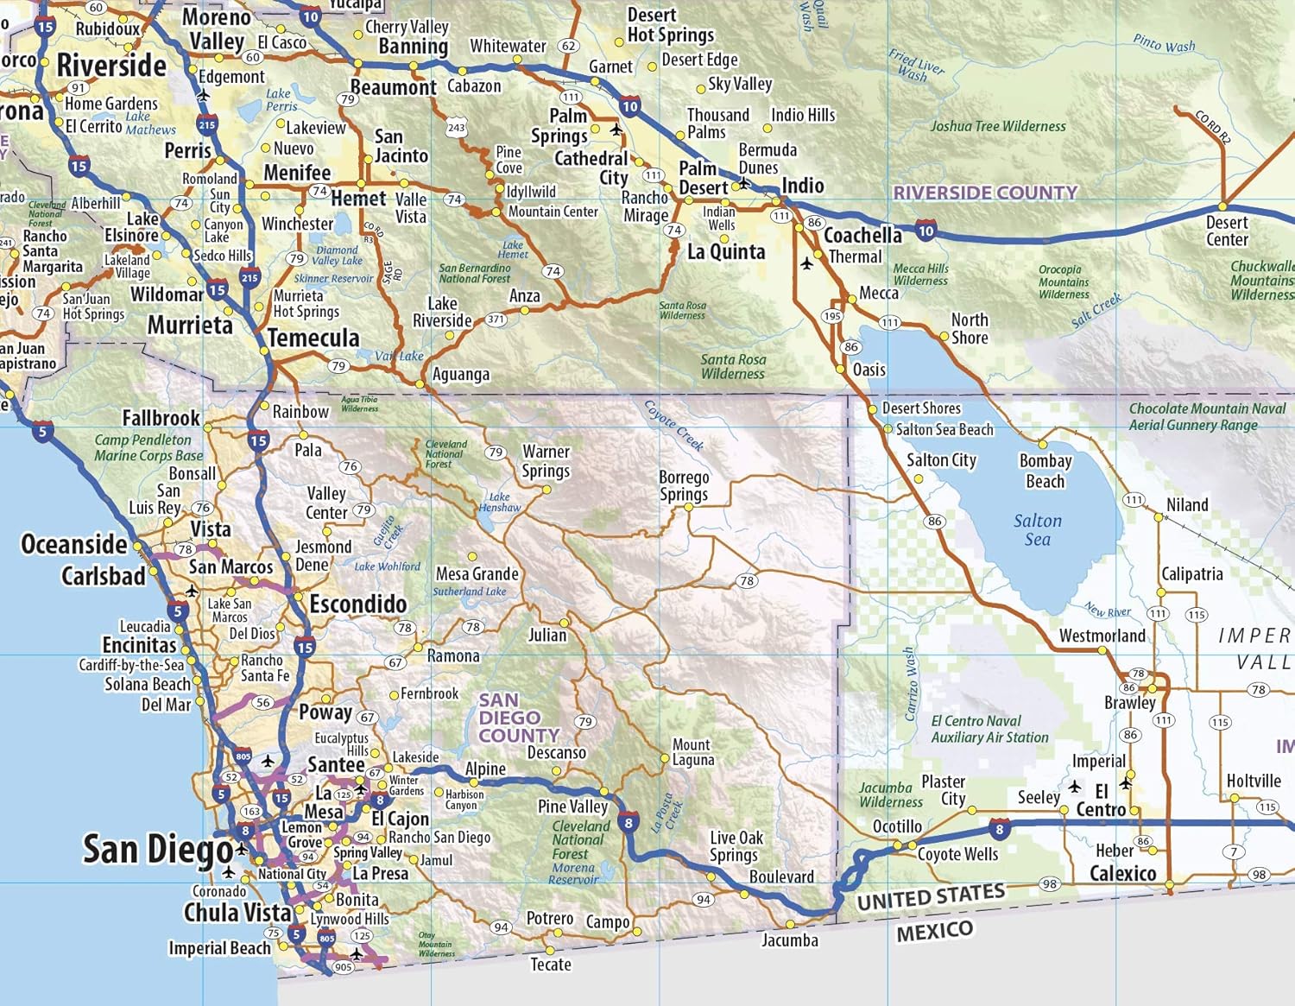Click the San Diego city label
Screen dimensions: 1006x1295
click(157, 850)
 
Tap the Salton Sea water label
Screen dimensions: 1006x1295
click(1038, 530)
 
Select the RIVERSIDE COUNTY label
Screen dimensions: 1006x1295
click(985, 193)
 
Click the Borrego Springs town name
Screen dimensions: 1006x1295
click(684, 485)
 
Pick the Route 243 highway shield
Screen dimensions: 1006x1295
click(456, 128)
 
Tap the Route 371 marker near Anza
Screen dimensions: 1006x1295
click(496, 320)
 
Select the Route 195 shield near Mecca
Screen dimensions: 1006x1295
click(831, 316)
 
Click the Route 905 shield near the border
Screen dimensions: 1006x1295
click(343, 967)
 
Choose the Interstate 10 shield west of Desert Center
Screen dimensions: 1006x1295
click(925, 230)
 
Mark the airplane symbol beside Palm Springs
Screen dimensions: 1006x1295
click(616, 130)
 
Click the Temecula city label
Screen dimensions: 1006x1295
click(313, 338)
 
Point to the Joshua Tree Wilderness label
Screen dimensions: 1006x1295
click(998, 126)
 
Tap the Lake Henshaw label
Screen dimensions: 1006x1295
click(500, 502)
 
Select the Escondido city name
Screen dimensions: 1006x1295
click(357, 604)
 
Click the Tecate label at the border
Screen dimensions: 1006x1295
click(551, 964)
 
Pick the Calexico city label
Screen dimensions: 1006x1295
click(1122, 873)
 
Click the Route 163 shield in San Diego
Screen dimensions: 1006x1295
click(251, 811)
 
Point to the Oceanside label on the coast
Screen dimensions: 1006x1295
click(74, 544)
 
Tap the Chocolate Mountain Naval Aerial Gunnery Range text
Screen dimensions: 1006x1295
click(1206, 416)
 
